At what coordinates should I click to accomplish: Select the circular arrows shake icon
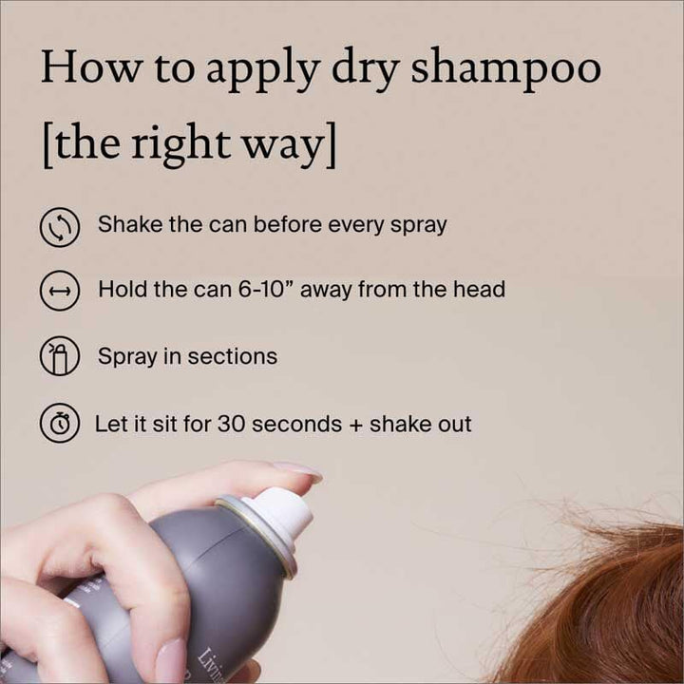click(x=60, y=228)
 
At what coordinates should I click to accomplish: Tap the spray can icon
click(x=60, y=357)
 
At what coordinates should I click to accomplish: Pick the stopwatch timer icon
click(x=60, y=424)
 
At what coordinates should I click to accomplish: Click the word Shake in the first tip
click(x=125, y=225)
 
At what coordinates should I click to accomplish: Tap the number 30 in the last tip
click(x=233, y=424)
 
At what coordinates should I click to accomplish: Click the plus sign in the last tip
click(x=356, y=425)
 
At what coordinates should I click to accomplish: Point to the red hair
click(x=608, y=608)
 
